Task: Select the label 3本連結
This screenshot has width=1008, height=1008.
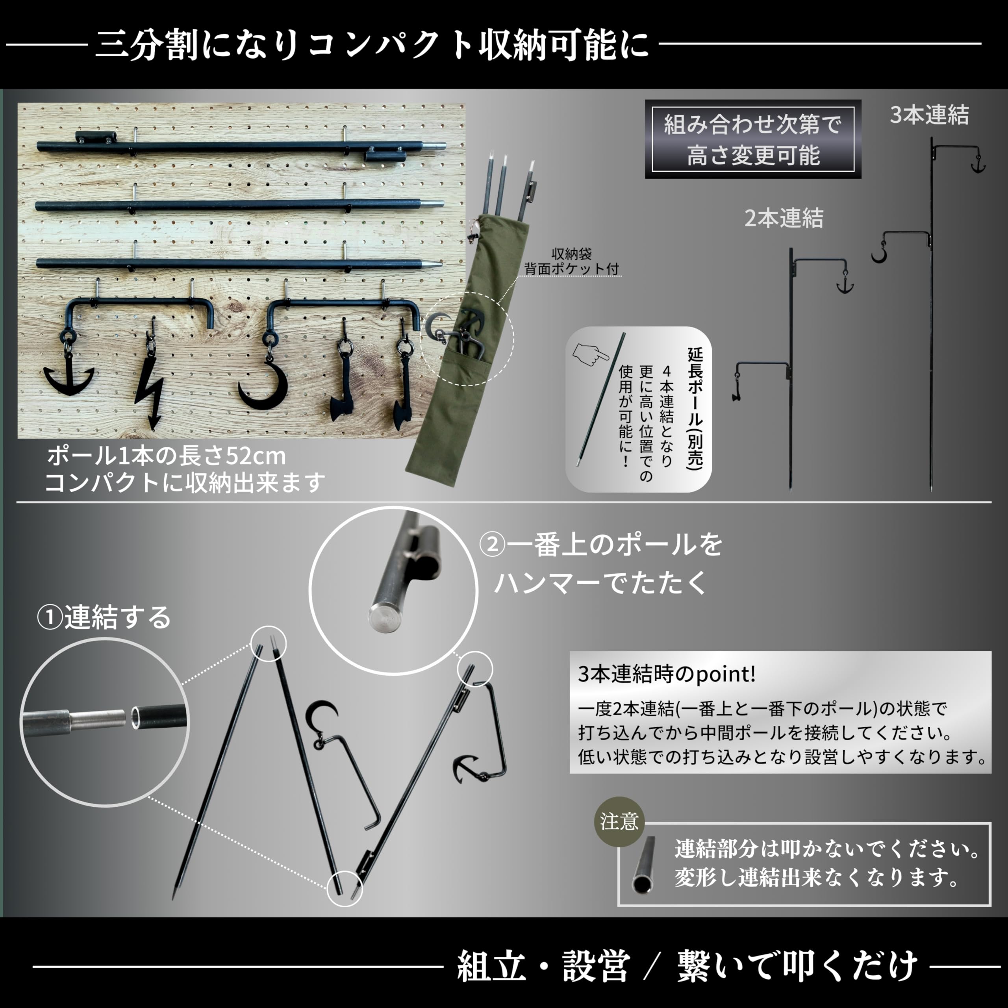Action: coord(929,115)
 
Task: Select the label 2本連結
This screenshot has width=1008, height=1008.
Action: coord(784,218)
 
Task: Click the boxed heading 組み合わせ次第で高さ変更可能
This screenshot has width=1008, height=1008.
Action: coord(752,139)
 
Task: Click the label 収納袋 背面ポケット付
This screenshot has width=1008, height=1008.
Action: coord(571,261)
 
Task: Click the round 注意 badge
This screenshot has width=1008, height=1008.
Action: coord(619,822)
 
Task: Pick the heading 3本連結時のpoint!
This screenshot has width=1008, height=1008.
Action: coord(666,674)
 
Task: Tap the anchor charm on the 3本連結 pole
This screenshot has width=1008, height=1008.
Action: coord(977,164)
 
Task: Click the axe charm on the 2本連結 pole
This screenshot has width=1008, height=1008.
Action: coord(737,389)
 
